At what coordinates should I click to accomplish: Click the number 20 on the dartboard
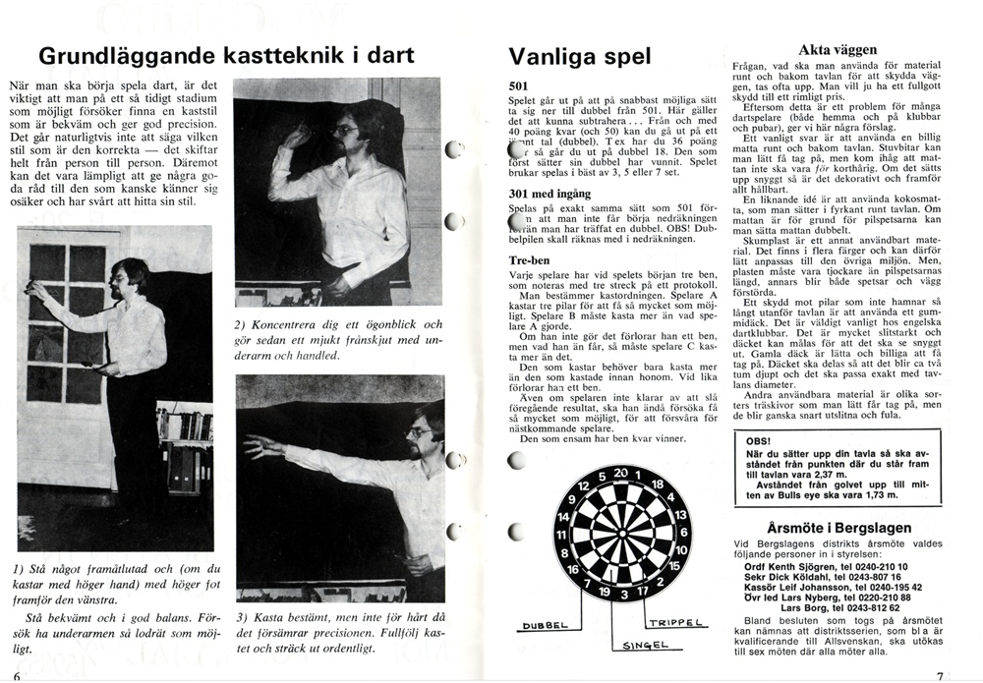619,472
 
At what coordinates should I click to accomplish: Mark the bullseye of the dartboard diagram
619,535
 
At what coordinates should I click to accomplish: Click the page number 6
18,675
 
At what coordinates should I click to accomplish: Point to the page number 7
941,675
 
